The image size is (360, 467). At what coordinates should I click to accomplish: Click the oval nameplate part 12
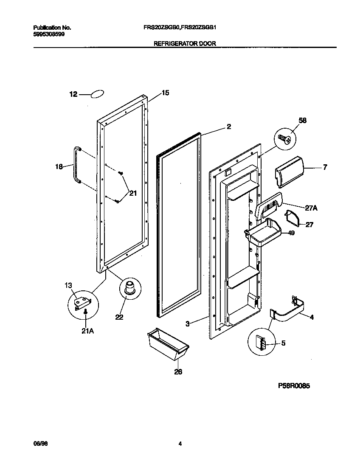click(98, 94)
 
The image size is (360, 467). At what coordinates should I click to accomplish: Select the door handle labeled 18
click(76, 164)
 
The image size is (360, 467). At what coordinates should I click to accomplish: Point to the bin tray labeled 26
click(166, 343)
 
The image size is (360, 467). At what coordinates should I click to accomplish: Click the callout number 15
click(165, 93)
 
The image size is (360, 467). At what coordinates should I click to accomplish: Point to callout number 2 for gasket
click(228, 127)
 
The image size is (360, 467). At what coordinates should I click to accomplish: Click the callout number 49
click(291, 233)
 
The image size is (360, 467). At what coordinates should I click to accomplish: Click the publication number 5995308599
click(49, 34)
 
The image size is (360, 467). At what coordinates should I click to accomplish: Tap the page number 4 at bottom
click(180, 444)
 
